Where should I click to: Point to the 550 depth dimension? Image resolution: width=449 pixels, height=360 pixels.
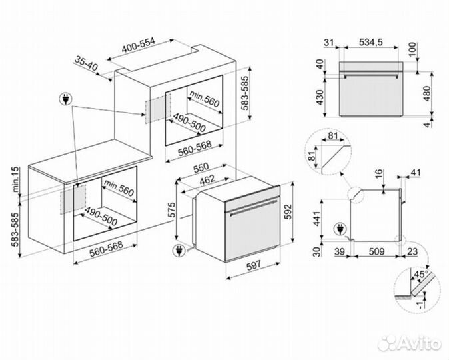coord(201,167)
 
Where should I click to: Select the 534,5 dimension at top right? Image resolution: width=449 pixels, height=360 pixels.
coord(369,42)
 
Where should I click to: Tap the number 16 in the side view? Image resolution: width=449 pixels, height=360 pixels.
coord(378,175)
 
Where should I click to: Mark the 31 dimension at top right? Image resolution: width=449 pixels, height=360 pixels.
coord(327,42)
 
